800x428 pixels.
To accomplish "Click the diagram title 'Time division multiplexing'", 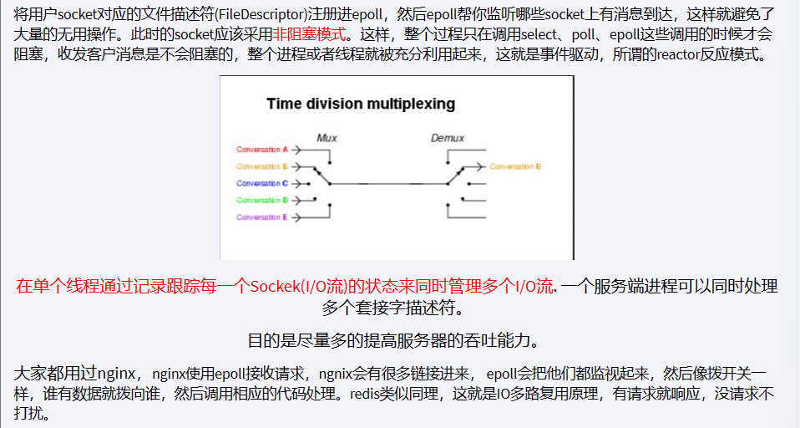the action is pos(361,104).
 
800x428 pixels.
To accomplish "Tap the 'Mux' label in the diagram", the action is pos(327,137).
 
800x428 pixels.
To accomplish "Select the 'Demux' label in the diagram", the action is pos(448,137).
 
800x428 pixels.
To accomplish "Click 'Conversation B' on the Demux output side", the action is pos(515,166).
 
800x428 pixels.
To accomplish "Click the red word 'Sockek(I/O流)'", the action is pos(296,287).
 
